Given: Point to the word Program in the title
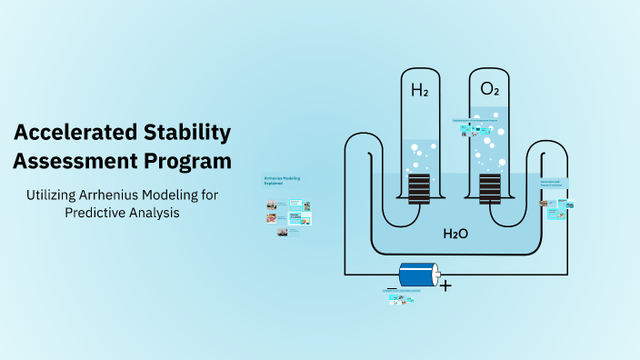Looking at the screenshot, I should (x=188, y=162).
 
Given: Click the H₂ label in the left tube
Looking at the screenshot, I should (x=419, y=90).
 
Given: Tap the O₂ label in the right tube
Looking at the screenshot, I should (x=489, y=89).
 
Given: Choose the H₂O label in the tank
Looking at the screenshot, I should (x=455, y=234).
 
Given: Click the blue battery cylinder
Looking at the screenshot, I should (x=416, y=274).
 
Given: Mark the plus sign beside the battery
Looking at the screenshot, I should (x=445, y=285).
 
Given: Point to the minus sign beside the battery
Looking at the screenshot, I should (x=391, y=288).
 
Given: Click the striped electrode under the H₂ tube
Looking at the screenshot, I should (x=419, y=190).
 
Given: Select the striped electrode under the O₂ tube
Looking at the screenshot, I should (x=489, y=190).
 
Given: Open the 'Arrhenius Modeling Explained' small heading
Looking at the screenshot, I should (x=282, y=181).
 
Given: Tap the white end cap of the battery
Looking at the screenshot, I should (x=436, y=274).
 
